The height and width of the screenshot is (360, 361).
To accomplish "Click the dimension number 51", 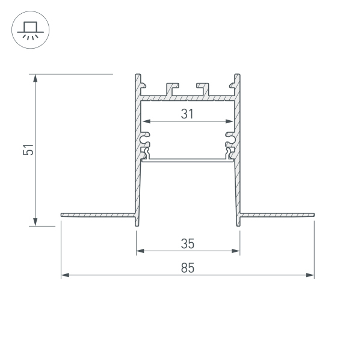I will pyautogui.click(x=28, y=150).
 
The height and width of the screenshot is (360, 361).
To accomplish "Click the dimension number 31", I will pyautogui.click(x=187, y=113).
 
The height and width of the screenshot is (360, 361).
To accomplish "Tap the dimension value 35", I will pyautogui.click(x=187, y=243).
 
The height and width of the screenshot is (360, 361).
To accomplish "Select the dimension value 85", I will pyautogui.click(x=187, y=268).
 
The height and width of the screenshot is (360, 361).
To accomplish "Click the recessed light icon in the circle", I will pyautogui.click(x=28, y=28).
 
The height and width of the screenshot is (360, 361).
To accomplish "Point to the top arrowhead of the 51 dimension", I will pyautogui.click(x=35, y=78).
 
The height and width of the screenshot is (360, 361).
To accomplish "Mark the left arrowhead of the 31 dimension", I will pyautogui.click(x=145, y=121).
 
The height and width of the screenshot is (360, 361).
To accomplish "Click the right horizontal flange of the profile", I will pyautogui.click(x=277, y=213).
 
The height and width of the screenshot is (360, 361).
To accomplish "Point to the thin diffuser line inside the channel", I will pyautogui.click(x=188, y=160).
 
